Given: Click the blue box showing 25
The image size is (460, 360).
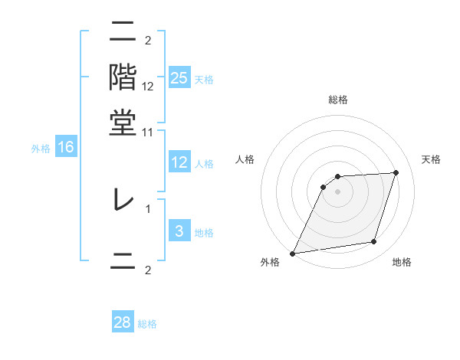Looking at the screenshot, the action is click(x=179, y=78).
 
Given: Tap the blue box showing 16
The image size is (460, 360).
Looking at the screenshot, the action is click(x=66, y=148).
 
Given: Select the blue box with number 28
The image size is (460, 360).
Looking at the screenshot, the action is click(x=123, y=322).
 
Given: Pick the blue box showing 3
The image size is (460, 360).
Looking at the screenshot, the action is click(x=179, y=231).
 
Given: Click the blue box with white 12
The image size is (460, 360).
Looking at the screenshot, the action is click(x=179, y=162).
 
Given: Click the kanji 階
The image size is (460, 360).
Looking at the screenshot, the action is click(x=123, y=77).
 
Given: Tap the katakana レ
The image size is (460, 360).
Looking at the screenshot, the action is click(x=123, y=200).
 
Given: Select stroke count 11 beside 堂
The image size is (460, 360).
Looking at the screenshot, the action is click(x=148, y=133).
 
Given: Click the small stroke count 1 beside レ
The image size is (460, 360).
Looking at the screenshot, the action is click(x=148, y=208).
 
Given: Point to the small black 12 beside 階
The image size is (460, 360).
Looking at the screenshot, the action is click(x=148, y=86).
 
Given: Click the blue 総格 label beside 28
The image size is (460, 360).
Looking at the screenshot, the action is click(x=147, y=324).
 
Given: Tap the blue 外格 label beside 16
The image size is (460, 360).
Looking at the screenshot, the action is click(x=41, y=149).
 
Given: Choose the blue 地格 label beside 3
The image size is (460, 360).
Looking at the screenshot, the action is click(x=204, y=232).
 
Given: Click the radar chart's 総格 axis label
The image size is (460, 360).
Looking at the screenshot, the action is click(x=338, y=100).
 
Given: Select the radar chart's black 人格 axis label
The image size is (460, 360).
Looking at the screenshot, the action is click(x=245, y=159).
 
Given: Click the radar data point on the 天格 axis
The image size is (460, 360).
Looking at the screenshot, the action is click(x=396, y=172).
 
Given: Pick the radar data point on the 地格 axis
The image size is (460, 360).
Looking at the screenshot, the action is click(x=374, y=242).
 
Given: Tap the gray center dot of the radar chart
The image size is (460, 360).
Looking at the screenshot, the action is click(x=338, y=191).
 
